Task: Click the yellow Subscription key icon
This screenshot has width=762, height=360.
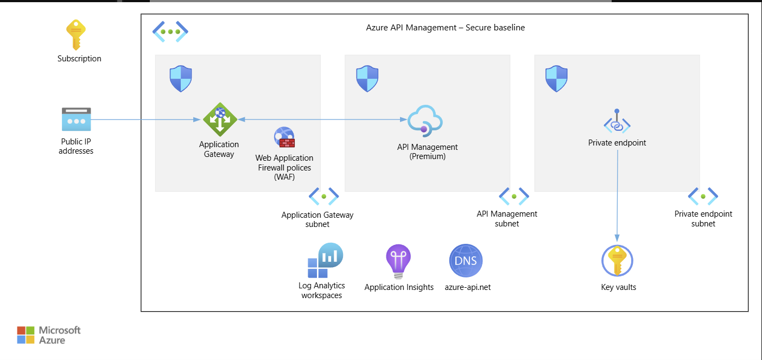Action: click(76, 35)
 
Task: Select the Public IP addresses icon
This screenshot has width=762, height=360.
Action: click(76, 119)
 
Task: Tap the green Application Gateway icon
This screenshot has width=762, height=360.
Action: click(220, 119)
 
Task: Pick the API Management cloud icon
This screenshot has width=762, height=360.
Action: click(426, 120)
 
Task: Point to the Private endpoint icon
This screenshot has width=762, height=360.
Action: click(617, 122)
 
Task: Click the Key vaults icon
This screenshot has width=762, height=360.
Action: click(618, 261)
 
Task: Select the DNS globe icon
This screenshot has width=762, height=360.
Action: click(466, 261)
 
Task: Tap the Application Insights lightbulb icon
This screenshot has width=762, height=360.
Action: click(398, 261)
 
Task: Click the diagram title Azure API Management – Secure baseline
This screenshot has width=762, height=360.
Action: click(445, 28)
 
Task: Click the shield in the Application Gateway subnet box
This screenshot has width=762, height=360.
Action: click(181, 79)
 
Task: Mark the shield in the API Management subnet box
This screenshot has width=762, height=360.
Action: click(367, 79)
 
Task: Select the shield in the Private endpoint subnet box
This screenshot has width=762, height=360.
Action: click(556, 79)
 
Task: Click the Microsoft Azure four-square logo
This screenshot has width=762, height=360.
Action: click(26, 335)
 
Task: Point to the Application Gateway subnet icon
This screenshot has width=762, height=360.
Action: click(323, 196)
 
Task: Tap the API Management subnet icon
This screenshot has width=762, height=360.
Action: click(513, 196)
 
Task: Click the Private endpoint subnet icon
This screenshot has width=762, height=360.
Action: click(703, 196)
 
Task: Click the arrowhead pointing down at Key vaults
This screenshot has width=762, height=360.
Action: click(618, 238)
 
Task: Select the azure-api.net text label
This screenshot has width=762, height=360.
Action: click(467, 287)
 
